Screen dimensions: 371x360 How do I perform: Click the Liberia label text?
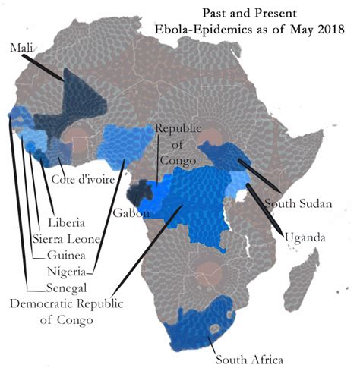[x=66, y=225]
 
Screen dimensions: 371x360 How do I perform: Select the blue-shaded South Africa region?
[x=199, y=326]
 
